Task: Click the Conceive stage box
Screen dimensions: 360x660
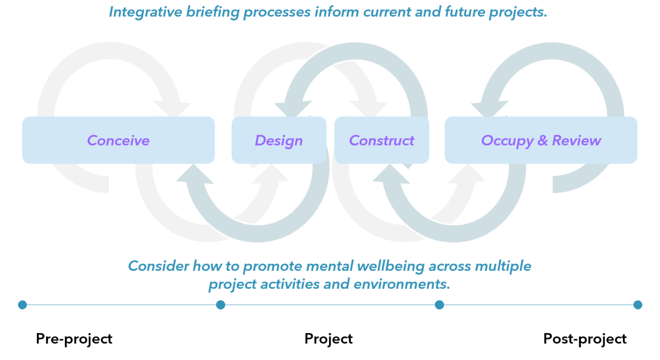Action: pos(118,140)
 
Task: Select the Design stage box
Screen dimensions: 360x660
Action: pos(279,140)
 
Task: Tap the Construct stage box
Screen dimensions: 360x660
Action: pos(382,140)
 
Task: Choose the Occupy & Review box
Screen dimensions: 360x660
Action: pos(541,140)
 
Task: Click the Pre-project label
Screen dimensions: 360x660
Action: pos(74,339)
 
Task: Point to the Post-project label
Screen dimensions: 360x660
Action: pos(585,339)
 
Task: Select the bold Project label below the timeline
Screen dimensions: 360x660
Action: pos(329,339)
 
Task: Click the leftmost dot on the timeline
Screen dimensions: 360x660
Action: pos(23,305)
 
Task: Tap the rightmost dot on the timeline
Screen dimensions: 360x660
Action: pos(637,305)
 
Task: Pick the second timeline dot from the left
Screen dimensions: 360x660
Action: pos(221,305)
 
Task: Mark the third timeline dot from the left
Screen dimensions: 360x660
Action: pos(439,305)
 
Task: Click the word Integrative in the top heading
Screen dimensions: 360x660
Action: pos(145,12)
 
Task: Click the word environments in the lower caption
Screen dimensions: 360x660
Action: pos(401,284)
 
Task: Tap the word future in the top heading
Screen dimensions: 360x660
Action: pos(464,12)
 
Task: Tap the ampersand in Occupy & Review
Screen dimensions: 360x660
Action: pos(543,140)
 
